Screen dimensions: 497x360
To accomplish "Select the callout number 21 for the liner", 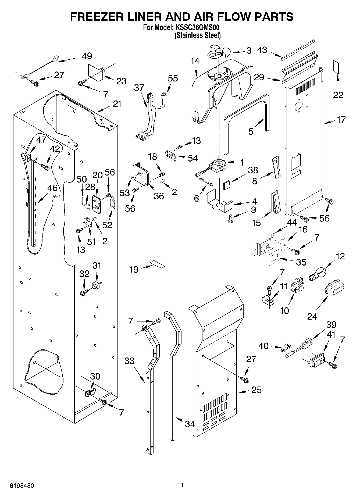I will [117, 104].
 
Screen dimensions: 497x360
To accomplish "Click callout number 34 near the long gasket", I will [190, 424].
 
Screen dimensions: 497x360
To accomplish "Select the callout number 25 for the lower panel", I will [256, 389].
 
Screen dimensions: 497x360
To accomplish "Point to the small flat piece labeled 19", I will [157, 264].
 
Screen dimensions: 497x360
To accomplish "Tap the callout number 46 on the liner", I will [52, 188].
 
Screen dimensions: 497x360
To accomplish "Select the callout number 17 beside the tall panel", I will [341, 120].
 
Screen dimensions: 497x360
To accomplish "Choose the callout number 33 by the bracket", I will [129, 360].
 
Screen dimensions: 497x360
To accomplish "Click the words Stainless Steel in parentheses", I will [198, 35].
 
